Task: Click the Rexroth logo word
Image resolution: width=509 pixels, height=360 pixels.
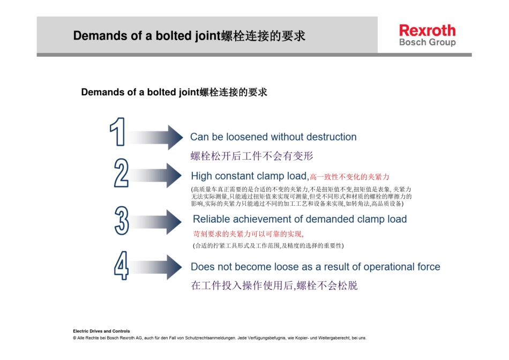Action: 427,30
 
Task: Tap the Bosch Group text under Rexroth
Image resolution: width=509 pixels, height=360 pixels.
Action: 427,42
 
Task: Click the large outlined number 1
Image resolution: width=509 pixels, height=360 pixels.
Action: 118,132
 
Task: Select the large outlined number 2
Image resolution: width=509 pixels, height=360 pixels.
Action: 121,172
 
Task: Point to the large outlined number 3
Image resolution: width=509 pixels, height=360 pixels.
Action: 122,220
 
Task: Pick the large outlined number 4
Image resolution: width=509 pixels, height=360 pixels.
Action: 121,265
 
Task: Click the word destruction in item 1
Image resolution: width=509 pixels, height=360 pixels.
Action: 330,137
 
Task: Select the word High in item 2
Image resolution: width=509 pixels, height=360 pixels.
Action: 201,176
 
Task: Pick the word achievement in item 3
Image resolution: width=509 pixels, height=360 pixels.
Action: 261,219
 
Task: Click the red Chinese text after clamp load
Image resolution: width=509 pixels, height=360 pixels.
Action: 349,177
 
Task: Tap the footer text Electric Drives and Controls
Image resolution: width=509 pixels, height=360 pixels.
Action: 101,331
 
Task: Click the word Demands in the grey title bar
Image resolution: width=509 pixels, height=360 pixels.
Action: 96,36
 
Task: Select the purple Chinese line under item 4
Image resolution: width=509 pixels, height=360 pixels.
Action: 274,286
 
